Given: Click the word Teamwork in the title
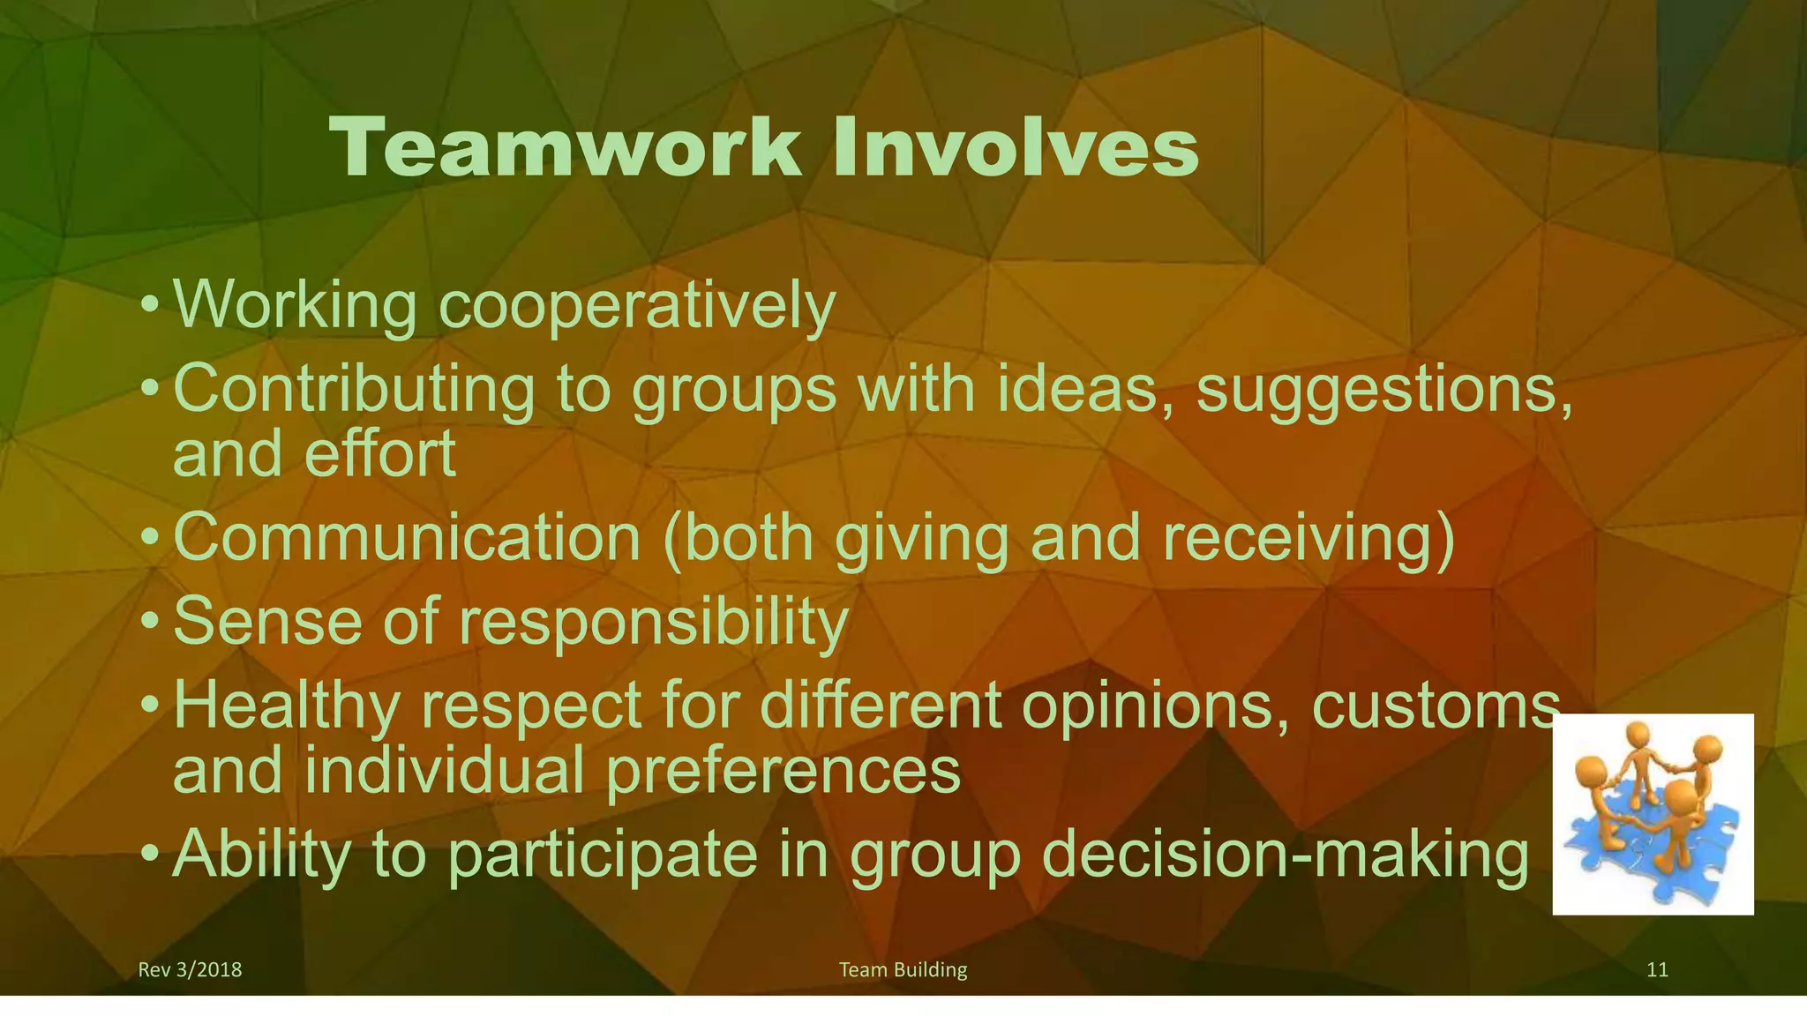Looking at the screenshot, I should coord(565,148).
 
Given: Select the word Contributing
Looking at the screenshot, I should coord(354,389).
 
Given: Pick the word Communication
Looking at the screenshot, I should coord(407,538).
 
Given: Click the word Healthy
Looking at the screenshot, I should coord(286,706).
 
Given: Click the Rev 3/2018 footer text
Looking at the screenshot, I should coord(190,970).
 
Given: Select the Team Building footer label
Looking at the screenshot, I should coord(903,970).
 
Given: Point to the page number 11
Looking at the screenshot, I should coord(1657,970).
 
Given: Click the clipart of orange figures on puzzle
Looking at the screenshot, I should coord(1653,813).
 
